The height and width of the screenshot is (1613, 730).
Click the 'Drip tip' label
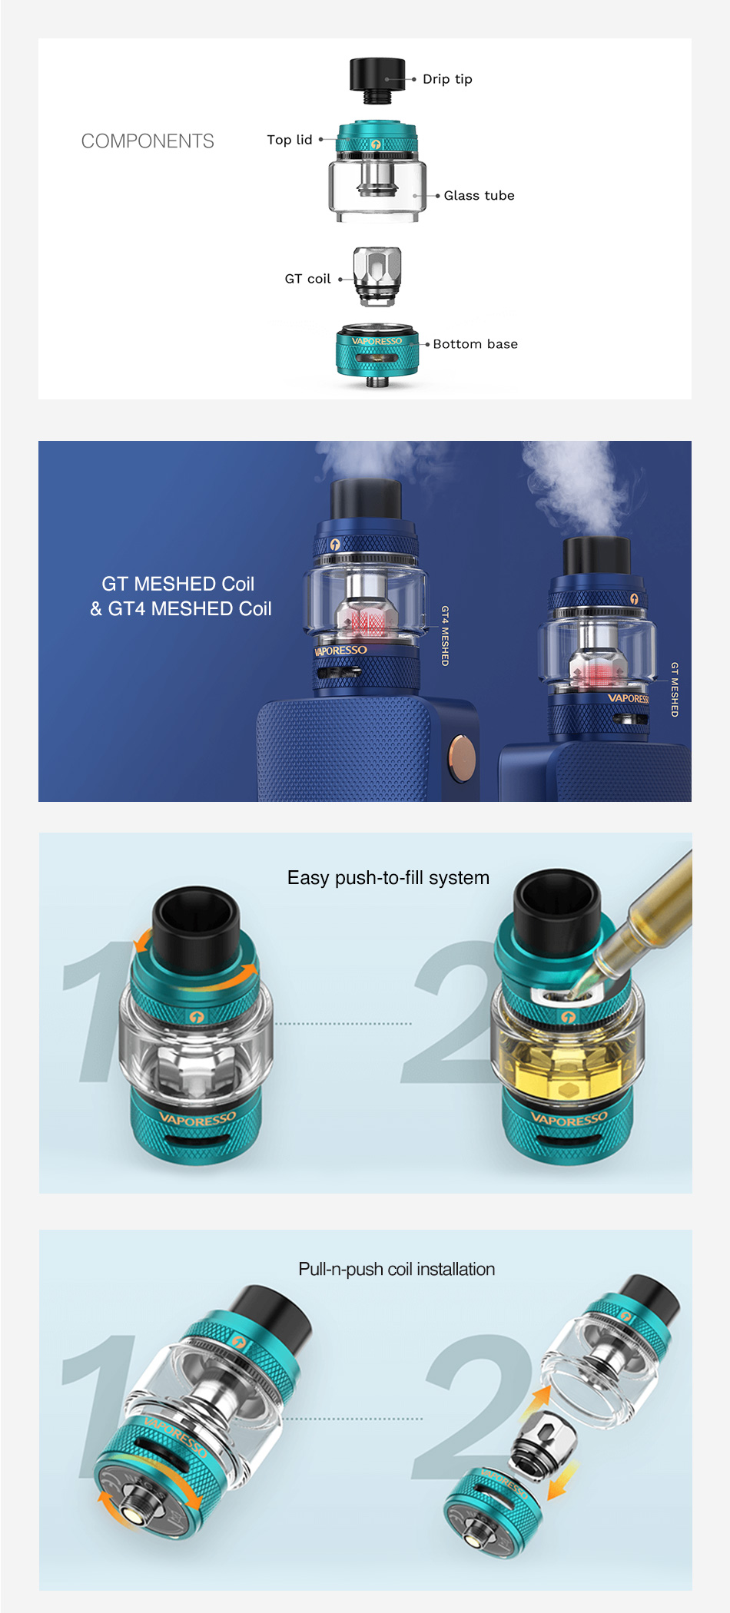(x=447, y=79)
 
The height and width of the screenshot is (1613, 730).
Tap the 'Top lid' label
(x=290, y=140)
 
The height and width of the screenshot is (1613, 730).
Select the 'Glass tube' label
(x=479, y=196)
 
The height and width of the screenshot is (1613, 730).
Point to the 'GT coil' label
(x=307, y=279)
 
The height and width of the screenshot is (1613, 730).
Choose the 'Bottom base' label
(x=475, y=344)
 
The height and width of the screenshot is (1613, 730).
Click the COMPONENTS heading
(x=148, y=141)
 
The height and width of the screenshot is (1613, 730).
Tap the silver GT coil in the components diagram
(x=377, y=275)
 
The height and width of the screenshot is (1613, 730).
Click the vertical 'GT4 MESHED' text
(x=445, y=635)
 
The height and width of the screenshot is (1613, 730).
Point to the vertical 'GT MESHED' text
(x=675, y=689)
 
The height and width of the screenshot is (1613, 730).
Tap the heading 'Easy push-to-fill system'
(x=388, y=878)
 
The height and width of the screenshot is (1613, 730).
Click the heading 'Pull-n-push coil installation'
(x=397, y=1269)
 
